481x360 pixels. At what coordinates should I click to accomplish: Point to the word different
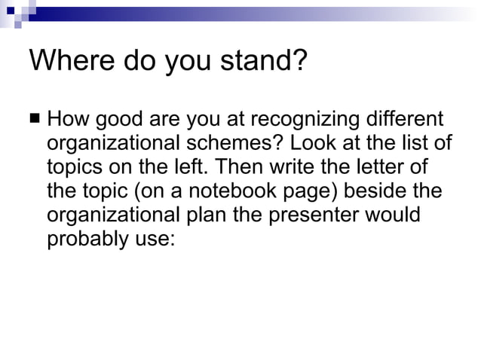click(x=404, y=120)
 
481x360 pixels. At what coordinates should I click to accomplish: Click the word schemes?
click(x=243, y=143)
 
